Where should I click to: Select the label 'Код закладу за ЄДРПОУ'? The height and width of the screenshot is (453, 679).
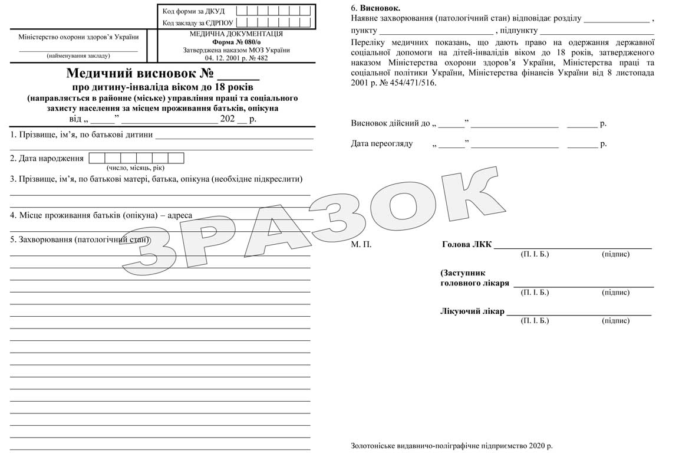(197, 23)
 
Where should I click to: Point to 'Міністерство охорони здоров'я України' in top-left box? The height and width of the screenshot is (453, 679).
(78, 37)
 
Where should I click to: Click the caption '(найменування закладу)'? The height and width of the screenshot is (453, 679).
(78, 55)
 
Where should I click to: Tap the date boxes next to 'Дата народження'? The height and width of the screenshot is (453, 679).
(136, 158)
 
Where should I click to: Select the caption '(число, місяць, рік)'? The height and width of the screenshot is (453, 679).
(136, 168)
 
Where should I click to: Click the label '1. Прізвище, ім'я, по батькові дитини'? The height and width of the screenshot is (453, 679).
(81, 134)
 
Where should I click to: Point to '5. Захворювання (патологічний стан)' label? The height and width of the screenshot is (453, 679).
(80, 239)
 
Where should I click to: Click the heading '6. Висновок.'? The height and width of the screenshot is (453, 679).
(375, 8)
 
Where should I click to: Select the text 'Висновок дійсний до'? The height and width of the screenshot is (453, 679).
(390, 123)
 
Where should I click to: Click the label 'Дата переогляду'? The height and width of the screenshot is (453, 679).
(381, 143)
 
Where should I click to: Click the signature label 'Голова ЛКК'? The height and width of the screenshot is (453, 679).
(466, 244)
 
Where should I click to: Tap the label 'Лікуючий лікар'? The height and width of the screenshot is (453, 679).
(472, 311)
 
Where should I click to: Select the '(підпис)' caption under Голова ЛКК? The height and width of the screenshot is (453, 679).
(615, 254)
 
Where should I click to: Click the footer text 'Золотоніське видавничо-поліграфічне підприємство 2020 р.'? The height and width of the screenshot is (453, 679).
(451, 446)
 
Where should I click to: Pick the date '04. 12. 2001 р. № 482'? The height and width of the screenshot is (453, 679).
(236, 58)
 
